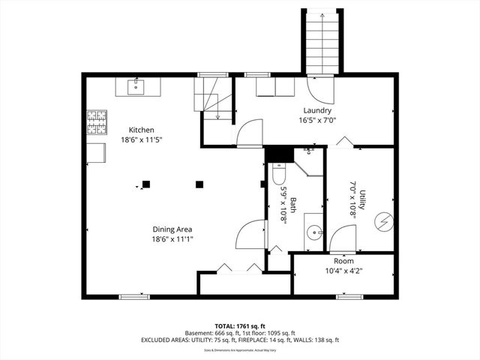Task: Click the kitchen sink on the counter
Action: click(136, 85)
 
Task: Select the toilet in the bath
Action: click(277, 175)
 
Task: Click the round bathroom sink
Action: click(315, 230)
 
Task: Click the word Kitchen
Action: click(142, 130)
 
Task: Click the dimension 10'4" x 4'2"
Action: click(343, 271)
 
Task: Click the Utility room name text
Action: click(362, 205)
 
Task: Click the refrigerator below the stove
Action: click(96, 151)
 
